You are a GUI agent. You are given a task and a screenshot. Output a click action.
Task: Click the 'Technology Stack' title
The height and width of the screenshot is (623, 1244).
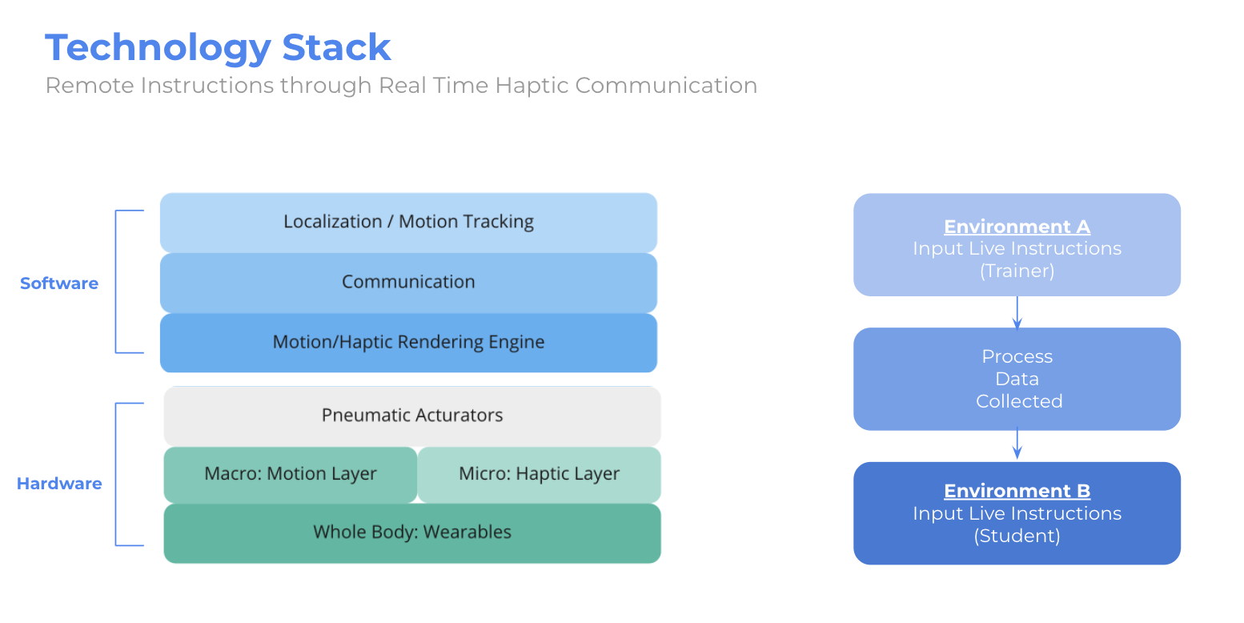point(218,48)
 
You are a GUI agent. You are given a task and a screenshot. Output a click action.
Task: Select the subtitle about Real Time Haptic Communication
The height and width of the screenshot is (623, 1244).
point(401,86)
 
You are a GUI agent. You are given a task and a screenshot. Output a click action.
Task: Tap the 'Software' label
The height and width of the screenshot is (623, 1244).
point(59,283)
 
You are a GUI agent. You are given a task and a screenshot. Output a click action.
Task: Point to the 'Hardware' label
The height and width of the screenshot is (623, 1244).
point(59,484)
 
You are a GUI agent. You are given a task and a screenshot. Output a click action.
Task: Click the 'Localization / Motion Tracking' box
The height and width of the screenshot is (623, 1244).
point(408,223)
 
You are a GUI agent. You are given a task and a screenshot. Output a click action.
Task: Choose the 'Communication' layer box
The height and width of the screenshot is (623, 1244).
point(408,283)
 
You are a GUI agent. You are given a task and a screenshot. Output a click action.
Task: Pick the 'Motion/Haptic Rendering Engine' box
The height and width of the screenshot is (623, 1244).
point(408,343)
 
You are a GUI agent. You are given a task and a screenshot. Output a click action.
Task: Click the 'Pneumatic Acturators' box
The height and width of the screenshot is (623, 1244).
point(412,416)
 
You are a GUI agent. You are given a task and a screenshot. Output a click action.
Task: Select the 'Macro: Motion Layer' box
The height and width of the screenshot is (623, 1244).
point(290,474)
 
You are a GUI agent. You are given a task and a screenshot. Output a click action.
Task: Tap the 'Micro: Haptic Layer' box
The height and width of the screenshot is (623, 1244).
point(539,474)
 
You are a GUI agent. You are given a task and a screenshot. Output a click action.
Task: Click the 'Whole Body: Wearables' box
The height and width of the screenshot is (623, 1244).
point(412,533)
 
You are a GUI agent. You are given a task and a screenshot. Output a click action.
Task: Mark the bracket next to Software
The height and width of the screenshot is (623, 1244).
point(116,282)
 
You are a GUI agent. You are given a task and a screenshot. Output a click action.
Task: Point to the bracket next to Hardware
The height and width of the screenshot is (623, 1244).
point(116,474)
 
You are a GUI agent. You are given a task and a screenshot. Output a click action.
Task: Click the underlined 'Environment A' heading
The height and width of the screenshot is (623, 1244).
point(1017,227)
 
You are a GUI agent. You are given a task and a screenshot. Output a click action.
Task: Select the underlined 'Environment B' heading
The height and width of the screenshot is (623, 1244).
point(1017,491)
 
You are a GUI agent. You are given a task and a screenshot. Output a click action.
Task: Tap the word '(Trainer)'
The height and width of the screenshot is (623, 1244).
point(1017,271)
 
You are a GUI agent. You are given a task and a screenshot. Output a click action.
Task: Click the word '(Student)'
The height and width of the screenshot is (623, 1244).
point(1017,536)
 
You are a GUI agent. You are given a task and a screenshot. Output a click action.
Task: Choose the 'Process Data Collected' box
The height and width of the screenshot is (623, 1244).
point(1017,379)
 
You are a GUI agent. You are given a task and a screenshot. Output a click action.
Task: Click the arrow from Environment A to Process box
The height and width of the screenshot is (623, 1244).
point(1017,313)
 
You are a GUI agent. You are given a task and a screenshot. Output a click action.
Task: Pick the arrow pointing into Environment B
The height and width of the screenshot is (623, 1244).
point(1017,443)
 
